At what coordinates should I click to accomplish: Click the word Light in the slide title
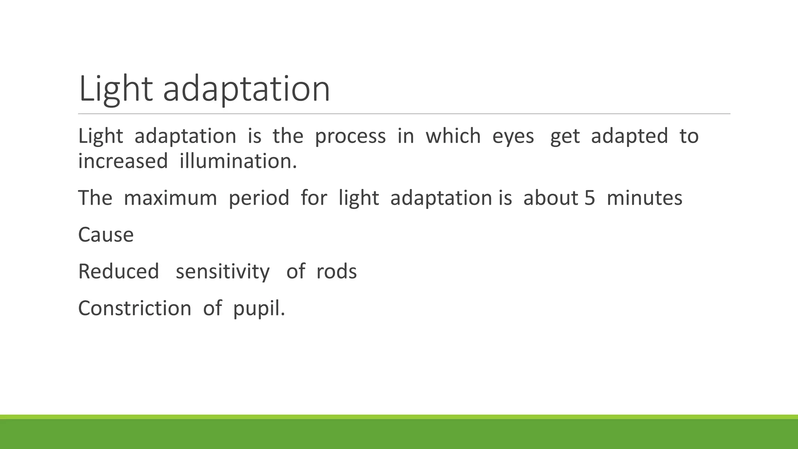tap(115, 89)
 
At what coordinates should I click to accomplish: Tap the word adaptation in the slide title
tap(246, 89)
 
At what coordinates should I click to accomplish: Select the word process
tap(350, 136)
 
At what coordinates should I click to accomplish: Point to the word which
tap(453, 136)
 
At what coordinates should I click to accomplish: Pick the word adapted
tap(629, 136)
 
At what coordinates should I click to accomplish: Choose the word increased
tap(123, 161)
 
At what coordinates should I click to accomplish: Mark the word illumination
tap(238, 161)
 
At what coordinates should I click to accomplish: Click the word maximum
tap(170, 198)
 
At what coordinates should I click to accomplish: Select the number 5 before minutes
tap(590, 198)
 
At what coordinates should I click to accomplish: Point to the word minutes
tap(644, 198)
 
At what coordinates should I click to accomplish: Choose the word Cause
tap(106, 235)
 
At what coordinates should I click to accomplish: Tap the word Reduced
tap(118, 272)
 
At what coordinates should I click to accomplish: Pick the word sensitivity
tap(222, 272)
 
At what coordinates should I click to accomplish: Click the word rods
tap(336, 272)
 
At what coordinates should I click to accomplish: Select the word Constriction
tap(134, 308)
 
